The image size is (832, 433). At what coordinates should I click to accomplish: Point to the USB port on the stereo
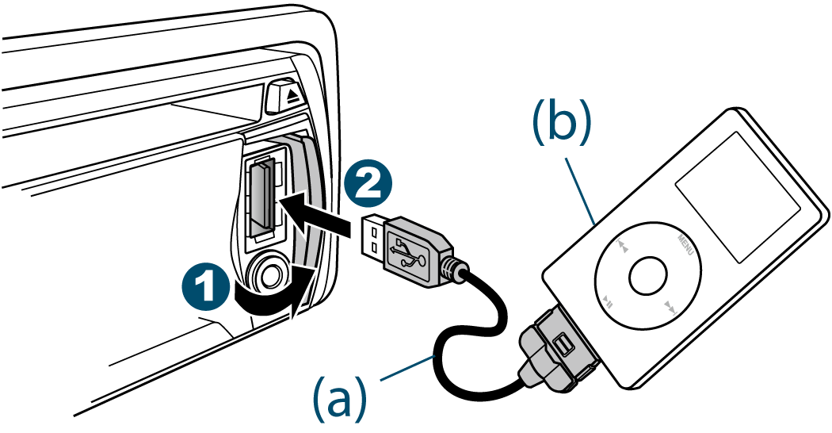261,197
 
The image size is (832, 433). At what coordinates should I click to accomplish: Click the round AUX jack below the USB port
267,275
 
